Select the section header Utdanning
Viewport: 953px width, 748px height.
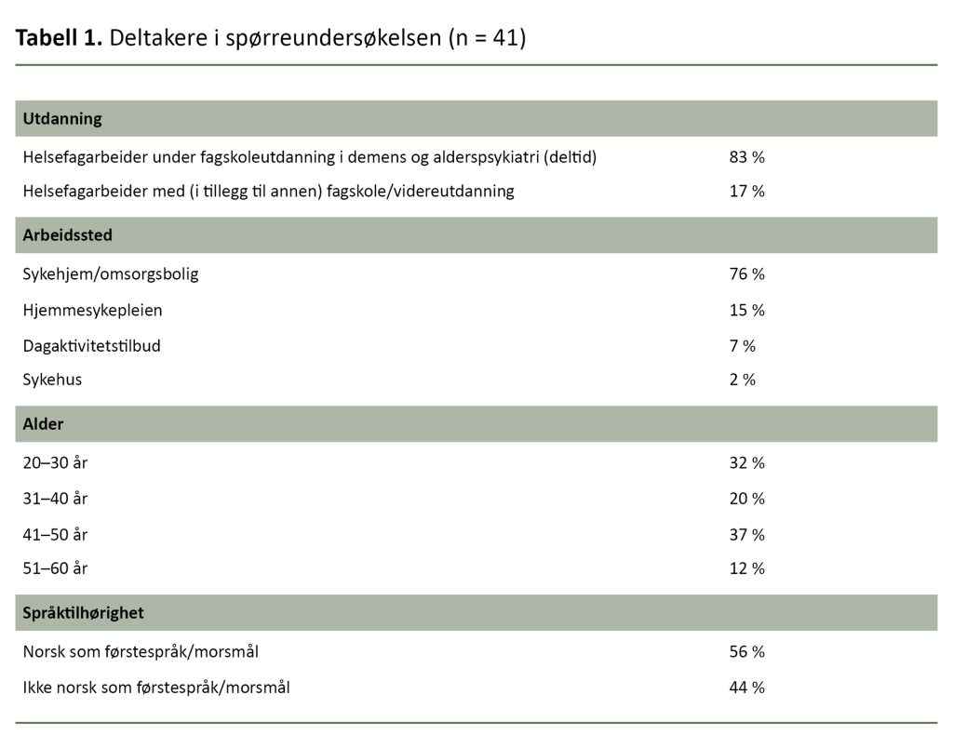(x=62, y=119)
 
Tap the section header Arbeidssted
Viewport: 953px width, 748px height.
(x=67, y=235)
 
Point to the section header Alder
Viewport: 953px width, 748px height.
(x=43, y=424)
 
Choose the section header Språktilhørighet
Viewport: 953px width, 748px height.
(x=83, y=614)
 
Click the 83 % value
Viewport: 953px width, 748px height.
(x=746, y=157)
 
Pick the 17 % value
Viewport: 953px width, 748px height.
(x=746, y=192)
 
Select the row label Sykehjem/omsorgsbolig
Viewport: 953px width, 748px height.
(x=111, y=274)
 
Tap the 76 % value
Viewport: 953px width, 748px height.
(x=746, y=274)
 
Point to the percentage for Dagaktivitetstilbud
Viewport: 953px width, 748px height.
(x=742, y=346)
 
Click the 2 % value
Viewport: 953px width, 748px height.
(x=742, y=381)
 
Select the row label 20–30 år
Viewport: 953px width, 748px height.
(x=55, y=463)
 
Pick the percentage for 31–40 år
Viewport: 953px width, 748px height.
(x=746, y=499)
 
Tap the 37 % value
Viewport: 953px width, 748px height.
(x=746, y=535)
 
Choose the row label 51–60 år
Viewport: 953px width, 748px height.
(x=55, y=568)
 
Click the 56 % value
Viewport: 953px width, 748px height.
(x=746, y=652)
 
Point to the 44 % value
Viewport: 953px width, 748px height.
(x=746, y=688)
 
